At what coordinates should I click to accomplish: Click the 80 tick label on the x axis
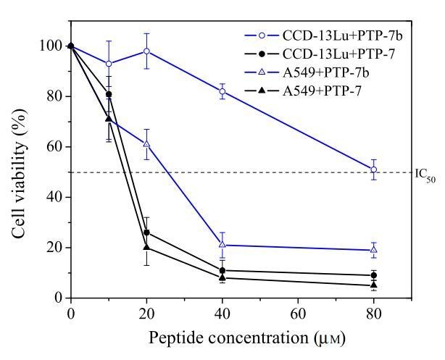coord(374,313)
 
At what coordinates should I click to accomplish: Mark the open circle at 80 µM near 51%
coord(374,169)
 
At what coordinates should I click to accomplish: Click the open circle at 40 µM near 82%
coord(222,91)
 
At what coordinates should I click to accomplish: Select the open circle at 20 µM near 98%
coord(146,51)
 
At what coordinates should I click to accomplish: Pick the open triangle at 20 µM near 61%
coord(146,143)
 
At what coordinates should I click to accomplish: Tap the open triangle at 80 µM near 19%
coord(374,250)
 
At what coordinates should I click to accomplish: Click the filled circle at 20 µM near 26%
coord(146,233)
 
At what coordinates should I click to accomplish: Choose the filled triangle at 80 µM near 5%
coord(374,285)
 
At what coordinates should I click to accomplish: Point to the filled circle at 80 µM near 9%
coord(374,275)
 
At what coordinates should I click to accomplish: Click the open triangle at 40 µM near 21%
coord(222,245)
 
